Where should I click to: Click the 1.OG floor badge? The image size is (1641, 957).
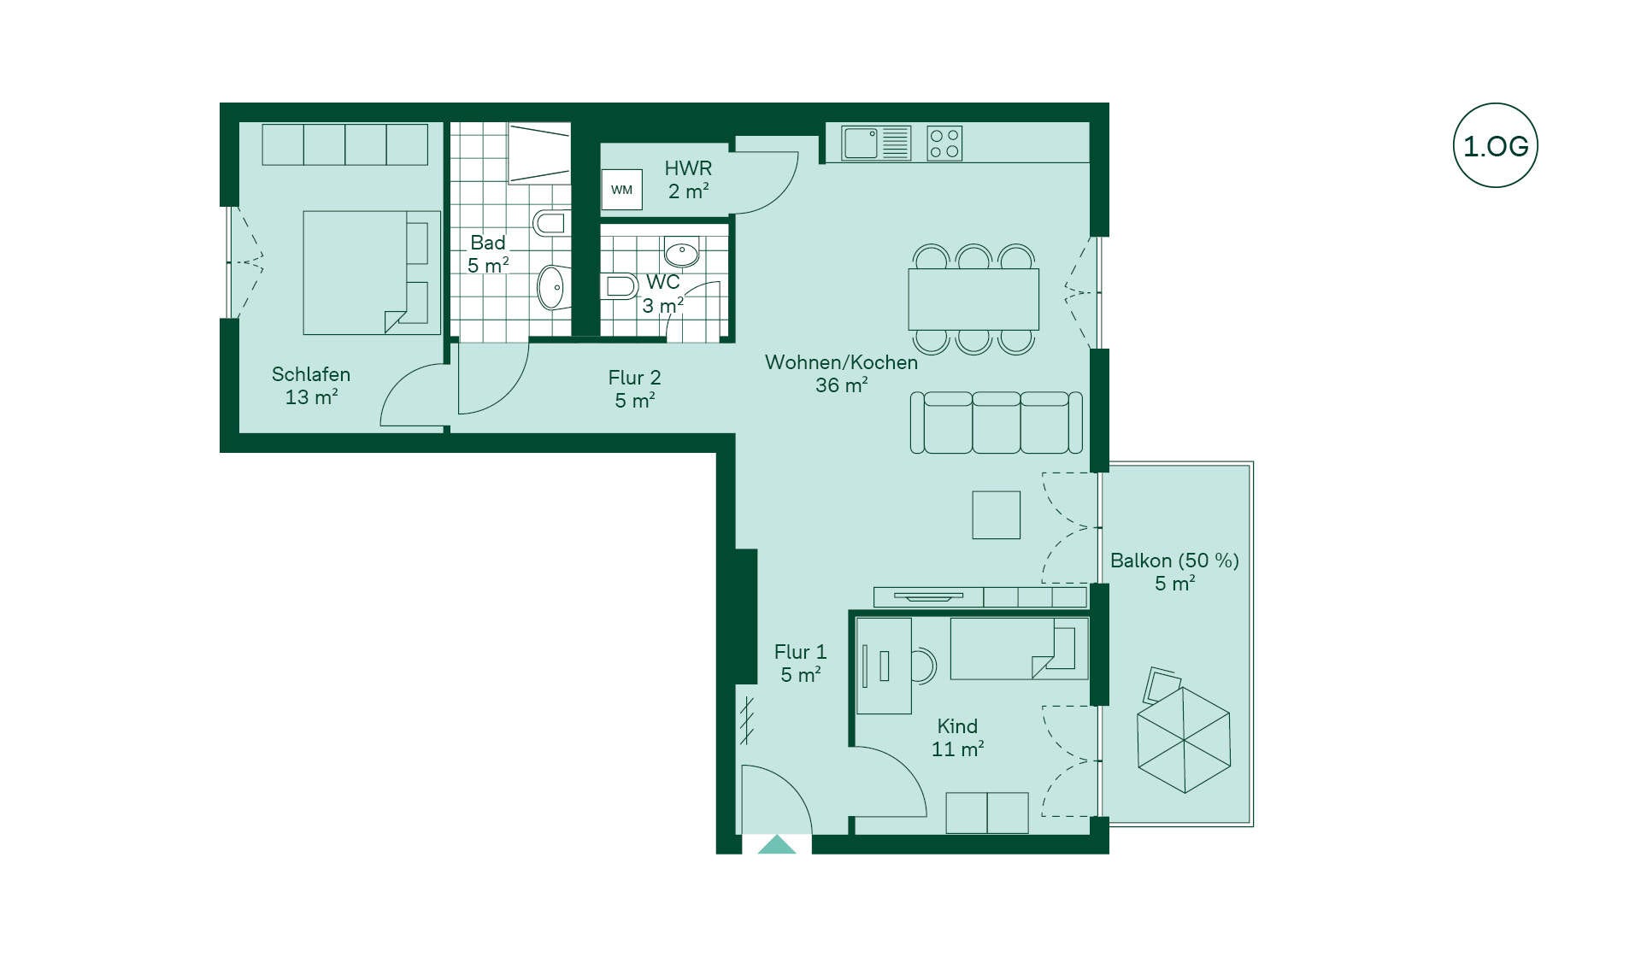click(x=1495, y=145)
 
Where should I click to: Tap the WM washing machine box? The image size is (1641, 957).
click(x=621, y=190)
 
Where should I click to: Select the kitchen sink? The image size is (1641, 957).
click(x=876, y=143)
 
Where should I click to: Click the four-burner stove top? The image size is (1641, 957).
click(x=944, y=144)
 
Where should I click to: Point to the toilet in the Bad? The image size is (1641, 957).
click(x=550, y=224)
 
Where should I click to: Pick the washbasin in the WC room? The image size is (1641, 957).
click(x=682, y=252)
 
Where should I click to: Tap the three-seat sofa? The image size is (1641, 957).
click(x=997, y=422)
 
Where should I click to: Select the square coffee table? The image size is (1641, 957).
click(x=997, y=514)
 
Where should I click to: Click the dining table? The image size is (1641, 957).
click(x=973, y=299)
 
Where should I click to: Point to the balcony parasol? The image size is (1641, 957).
click(x=1184, y=740)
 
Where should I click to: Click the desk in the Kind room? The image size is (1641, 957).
click(x=884, y=666)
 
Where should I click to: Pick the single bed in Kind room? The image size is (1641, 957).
click(x=1019, y=649)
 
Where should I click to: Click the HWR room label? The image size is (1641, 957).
click(x=688, y=179)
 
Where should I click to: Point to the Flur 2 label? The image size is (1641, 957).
click(x=634, y=389)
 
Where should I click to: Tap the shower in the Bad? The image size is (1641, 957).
click(x=539, y=153)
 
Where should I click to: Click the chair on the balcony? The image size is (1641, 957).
click(x=1162, y=684)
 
